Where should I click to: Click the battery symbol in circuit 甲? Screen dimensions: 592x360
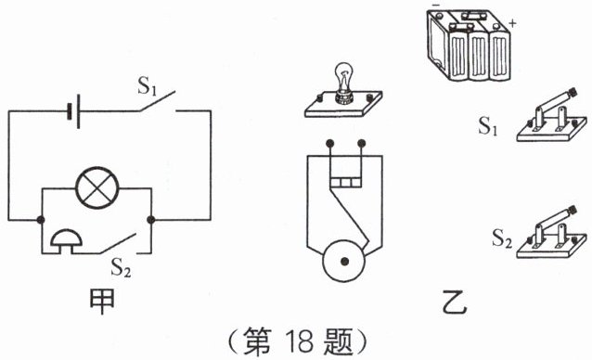[x=73, y=111]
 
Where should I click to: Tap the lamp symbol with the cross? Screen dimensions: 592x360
[x=97, y=188]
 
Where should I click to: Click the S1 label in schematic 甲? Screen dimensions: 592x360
[x=147, y=85]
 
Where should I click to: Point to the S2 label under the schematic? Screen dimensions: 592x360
[x=121, y=268]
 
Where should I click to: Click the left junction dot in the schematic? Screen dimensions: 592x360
[x=41, y=220]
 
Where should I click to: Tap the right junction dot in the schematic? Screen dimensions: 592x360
[x=150, y=220]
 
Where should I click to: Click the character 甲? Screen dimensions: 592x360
[x=102, y=302]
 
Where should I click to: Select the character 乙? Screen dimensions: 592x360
[x=455, y=302]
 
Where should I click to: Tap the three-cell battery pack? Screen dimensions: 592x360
[x=470, y=45]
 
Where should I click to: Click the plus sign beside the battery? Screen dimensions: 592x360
[x=512, y=23]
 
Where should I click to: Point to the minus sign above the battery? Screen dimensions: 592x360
[x=436, y=5]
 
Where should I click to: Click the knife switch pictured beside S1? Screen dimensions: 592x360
[x=551, y=115]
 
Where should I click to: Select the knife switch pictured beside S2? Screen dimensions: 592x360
[x=551, y=233]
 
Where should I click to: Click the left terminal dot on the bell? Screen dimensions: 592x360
[x=330, y=144]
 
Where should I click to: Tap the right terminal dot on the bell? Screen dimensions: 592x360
[x=361, y=144]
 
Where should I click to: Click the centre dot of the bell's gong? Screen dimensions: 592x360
[x=344, y=261]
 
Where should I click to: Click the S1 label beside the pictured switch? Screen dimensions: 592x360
[x=488, y=126]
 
